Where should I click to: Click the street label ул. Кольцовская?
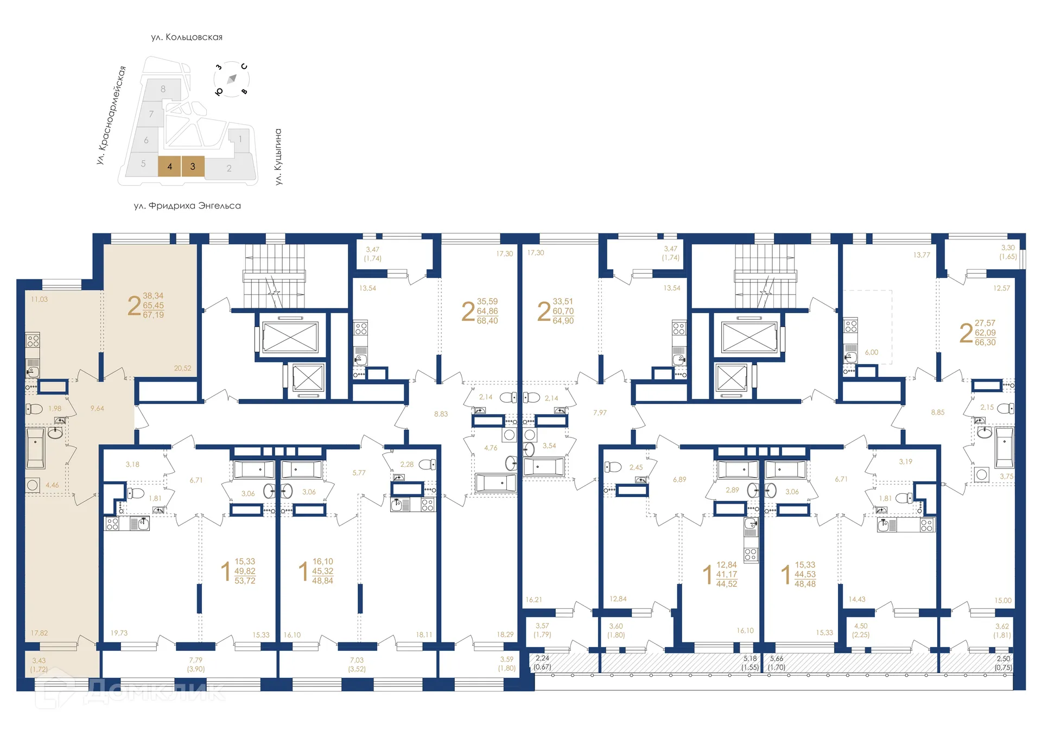pos(187,37)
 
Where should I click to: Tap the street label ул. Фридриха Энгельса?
pos(187,206)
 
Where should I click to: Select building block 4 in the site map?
pos(169,167)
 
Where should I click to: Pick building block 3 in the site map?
pos(193,167)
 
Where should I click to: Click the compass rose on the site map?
pos(232,79)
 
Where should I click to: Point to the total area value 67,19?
pos(153,315)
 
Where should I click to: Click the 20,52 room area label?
pos(182,368)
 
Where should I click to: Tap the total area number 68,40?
pos(487,321)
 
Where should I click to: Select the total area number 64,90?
pos(563,321)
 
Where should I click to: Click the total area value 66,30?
pos(984,342)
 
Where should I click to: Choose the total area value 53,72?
pos(245,581)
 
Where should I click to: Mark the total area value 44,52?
pos(726,584)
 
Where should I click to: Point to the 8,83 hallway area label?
pos(441,414)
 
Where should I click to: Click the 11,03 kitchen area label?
pos(39,299)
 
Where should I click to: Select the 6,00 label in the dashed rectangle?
pos(871,352)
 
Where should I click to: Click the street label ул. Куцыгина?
pos(278,157)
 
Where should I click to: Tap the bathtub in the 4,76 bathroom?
pos(495,482)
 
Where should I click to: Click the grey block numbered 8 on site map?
pos(163,89)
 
